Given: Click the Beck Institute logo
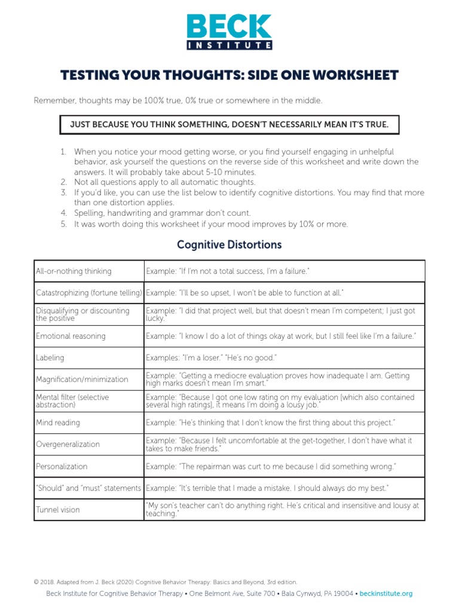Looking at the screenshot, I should click(229, 32).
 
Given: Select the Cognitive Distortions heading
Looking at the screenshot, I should click(229, 245).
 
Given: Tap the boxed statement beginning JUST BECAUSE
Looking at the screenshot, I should click(229, 124).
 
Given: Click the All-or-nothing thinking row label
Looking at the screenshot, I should click(74, 271).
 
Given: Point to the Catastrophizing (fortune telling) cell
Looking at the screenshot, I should click(89, 293).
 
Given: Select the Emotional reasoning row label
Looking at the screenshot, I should click(71, 336).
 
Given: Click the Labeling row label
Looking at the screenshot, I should click(50, 358).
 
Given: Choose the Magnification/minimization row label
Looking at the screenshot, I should click(82, 380).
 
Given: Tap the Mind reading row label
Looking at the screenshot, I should click(58, 423).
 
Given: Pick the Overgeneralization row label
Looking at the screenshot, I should click(68, 445).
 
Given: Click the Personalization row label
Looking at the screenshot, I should click(62, 466).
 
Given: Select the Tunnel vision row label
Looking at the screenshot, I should click(58, 510).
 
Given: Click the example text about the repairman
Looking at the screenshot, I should click(271, 466).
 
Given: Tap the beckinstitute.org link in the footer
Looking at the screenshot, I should click(386, 594).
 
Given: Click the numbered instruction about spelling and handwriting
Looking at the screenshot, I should click(162, 213).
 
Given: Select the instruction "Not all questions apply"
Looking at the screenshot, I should click(164, 182).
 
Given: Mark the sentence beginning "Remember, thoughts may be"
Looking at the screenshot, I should click(178, 100).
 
